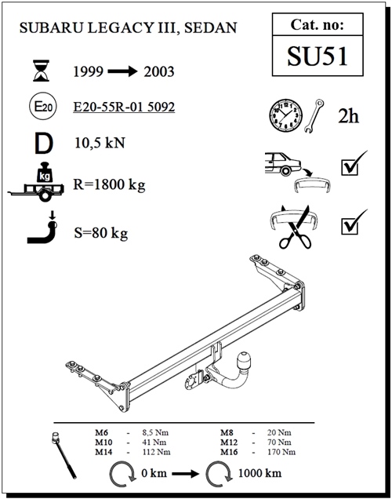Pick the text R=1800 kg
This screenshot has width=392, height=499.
(111, 186)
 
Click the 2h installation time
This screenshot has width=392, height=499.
(348, 117)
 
